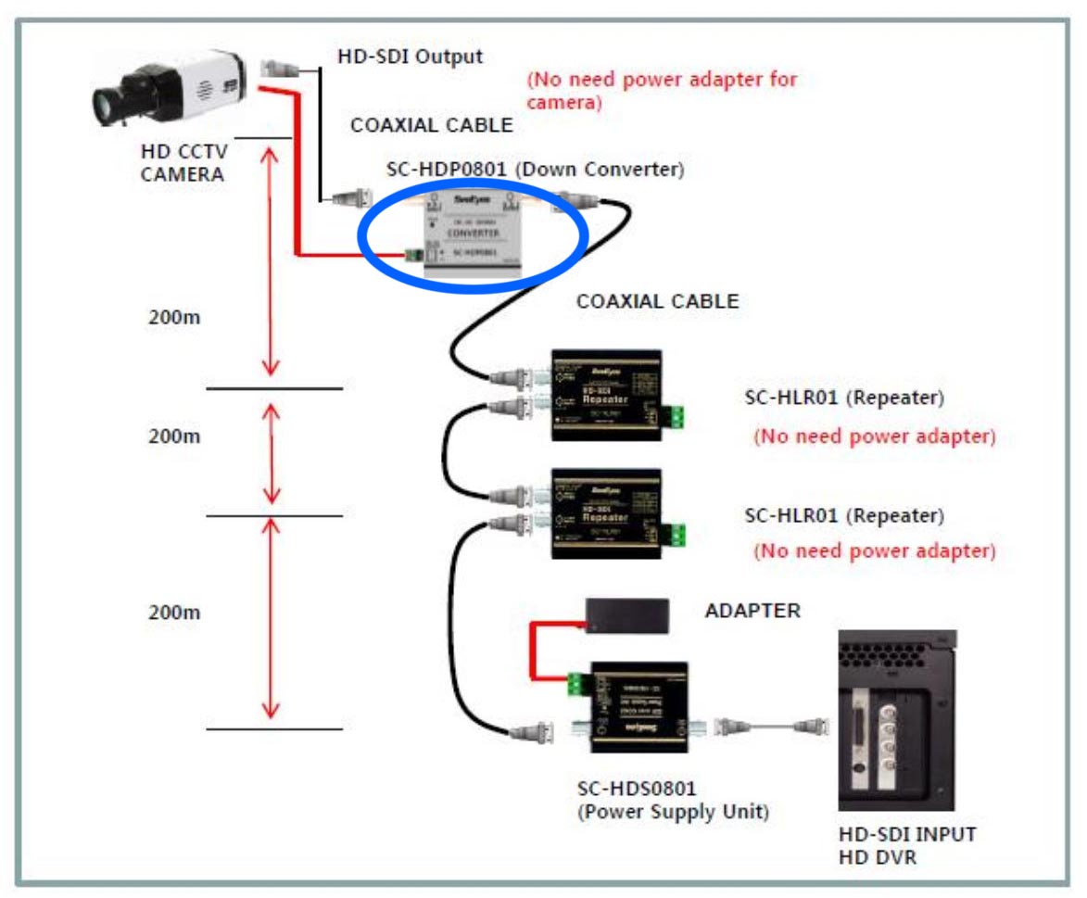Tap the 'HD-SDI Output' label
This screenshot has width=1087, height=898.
coord(410,57)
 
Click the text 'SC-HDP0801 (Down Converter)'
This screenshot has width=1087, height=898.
coord(535,170)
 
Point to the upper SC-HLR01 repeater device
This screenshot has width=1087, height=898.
coord(606,394)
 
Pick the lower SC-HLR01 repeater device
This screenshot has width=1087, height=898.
coord(606,512)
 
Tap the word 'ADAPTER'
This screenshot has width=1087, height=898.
coord(752,611)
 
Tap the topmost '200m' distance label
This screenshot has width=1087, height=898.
coord(175,317)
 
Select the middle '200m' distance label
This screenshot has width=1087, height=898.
coord(175,436)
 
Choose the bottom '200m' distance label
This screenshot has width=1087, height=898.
coord(175,613)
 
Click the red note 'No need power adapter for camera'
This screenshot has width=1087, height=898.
coord(661,90)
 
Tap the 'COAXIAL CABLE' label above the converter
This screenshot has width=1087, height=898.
coord(431,125)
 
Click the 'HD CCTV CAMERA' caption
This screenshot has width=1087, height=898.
coord(183,161)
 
